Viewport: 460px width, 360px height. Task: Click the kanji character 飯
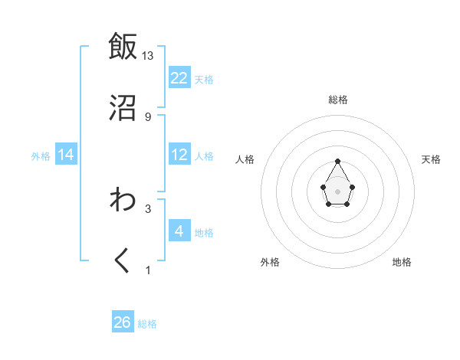tap(123, 47)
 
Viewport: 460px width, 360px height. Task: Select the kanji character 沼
tap(123, 107)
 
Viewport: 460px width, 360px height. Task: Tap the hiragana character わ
tap(123, 200)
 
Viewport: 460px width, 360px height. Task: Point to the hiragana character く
tap(123, 261)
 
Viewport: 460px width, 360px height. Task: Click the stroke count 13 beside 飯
tap(148, 56)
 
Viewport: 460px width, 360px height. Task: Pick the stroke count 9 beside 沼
tap(148, 116)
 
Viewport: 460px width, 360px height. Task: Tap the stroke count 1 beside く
tap(148, 270)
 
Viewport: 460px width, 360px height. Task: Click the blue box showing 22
tap(179, 78)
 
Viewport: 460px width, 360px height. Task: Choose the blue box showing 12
tap(179, 155)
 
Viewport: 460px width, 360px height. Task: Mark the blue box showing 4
tap(179, 231)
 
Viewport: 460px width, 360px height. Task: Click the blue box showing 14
tap(66, 155)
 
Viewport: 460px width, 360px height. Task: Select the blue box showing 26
tap(123, 322)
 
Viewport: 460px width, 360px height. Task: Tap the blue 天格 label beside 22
tap(204, 80)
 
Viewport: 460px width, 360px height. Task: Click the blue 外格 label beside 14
tap(41, 156)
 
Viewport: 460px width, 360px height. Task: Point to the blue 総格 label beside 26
tap(147, 324)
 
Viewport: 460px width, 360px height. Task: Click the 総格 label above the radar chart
tap(337, 100)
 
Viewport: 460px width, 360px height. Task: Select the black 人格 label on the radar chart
tap(245, 159)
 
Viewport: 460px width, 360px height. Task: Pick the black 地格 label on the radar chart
tap(402, 262)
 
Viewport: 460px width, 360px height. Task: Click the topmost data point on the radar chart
tap(337, 161)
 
